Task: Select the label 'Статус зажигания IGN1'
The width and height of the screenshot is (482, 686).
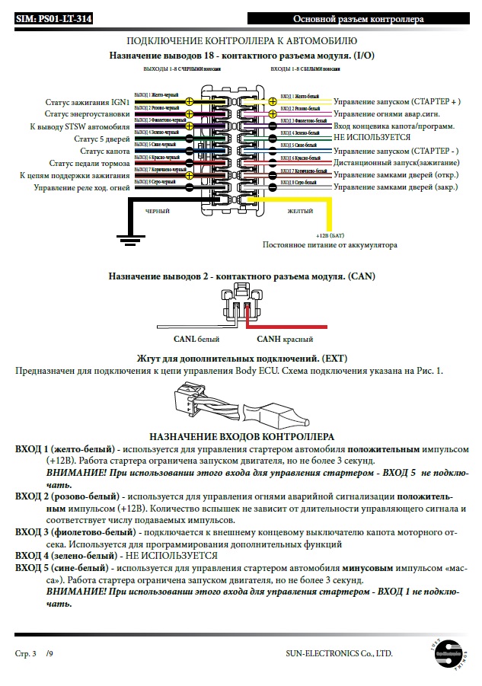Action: [x=88, y=101]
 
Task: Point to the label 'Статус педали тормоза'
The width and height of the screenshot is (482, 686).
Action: [x=90, y=163]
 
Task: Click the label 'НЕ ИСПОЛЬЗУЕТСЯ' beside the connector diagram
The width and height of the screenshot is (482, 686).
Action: [x=372, y=138]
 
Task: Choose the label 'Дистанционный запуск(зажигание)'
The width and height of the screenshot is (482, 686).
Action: [x=396, y=163]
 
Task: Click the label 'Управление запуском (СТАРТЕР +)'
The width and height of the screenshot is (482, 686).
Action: [x=397, y=101]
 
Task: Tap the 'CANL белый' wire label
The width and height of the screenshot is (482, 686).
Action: [x=197, y=340]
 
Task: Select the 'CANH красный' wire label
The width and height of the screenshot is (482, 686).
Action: [x=285, y=340]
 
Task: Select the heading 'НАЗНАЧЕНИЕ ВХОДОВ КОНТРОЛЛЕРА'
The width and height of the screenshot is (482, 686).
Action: [x=241, y=437]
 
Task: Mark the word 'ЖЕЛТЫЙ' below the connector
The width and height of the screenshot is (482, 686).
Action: [x=302, y=211]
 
